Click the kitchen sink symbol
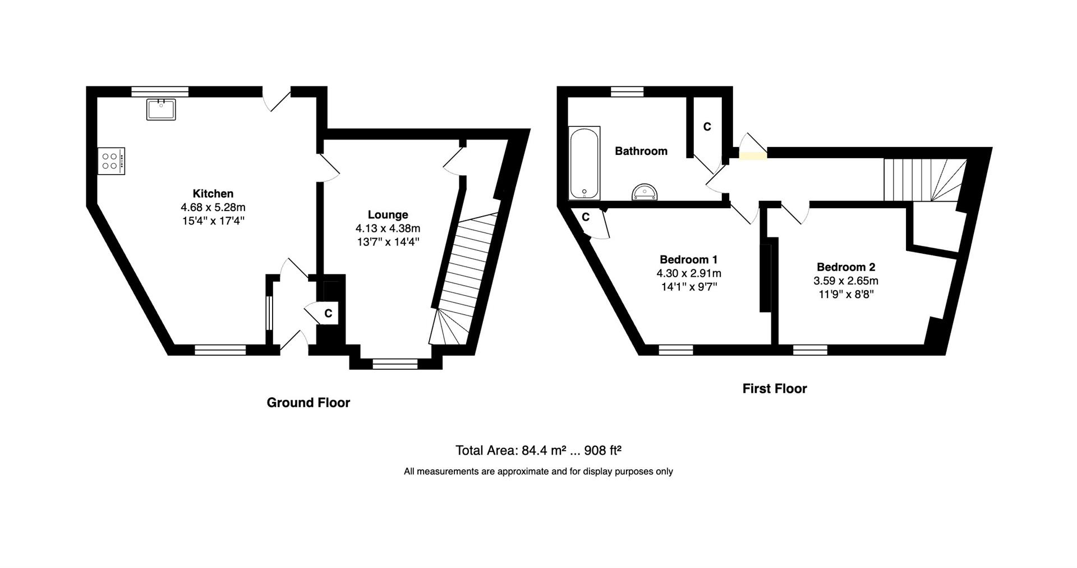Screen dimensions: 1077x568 click(161, 109)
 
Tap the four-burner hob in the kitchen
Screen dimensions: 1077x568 click(111, 161)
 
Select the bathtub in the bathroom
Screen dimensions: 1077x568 click(584, 163)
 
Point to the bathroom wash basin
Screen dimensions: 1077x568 click(645, 193)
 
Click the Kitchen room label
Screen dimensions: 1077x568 click(213, 194)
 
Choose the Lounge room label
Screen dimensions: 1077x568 click(388, 214)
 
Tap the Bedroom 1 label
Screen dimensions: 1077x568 click(689, 259)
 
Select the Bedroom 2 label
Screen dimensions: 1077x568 click(846, 267)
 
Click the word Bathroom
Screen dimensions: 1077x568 click(641, 151)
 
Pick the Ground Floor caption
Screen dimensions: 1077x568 click(309, 402)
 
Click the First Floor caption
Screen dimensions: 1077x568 click(775, 388)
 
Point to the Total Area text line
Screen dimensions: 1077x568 click(538, 450)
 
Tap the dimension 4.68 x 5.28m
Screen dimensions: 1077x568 click(213, 208)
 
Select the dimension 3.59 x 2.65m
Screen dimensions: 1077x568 click(846, 281)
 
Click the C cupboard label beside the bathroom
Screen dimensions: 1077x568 click(707, 127)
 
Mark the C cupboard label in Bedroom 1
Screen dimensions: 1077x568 click(586, 217)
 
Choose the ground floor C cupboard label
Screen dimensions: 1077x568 click(329, 314)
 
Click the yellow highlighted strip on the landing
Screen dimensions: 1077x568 click(753, 156)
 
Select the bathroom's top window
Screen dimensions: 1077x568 click(627, 91)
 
